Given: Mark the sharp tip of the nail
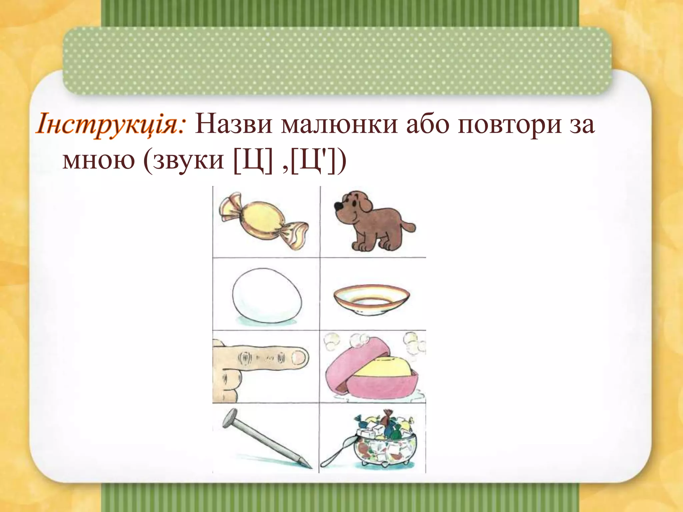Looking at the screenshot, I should (309, 467).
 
